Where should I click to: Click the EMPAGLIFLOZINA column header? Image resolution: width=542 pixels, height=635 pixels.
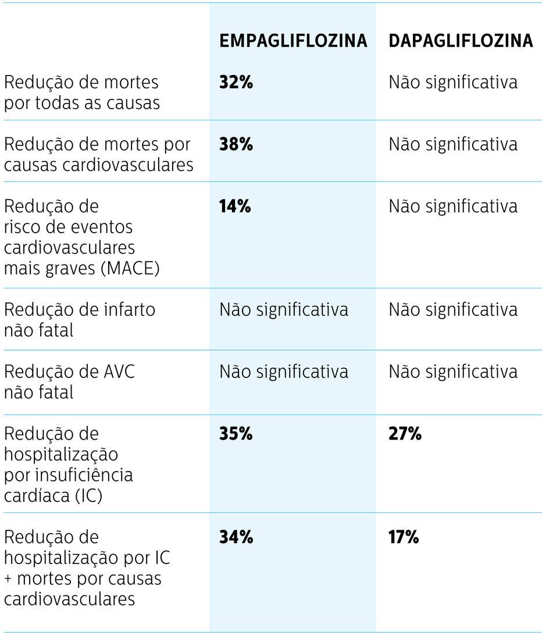293,40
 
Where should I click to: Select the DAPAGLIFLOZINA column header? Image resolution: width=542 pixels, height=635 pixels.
461,40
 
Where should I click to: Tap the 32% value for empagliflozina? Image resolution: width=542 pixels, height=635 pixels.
236,82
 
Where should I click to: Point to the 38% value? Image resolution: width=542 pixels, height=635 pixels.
236,144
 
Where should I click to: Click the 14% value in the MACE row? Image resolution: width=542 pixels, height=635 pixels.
235,206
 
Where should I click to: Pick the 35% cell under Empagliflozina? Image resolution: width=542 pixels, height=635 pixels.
236,434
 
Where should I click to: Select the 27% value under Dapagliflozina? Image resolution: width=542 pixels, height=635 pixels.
405,434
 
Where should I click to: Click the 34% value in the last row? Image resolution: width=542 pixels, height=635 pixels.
236,537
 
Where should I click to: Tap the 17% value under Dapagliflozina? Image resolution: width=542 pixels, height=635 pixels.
404,537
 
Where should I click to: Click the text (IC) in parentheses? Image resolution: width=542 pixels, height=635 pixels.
88,496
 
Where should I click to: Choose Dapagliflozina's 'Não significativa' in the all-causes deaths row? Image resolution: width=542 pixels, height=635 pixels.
453,82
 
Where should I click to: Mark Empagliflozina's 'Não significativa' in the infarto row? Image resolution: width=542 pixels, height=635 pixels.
284,309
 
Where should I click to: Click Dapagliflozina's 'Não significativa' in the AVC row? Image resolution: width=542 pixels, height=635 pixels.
453,371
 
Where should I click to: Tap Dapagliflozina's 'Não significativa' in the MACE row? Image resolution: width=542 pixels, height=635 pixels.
453,206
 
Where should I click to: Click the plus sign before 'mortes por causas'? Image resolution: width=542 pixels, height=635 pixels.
8,579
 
